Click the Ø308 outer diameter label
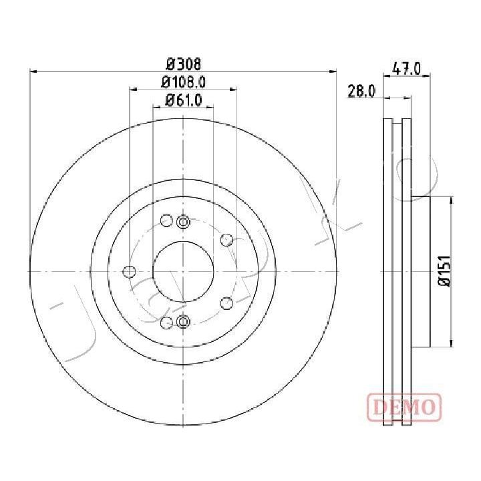(x=184, y=64)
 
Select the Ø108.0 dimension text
(x=183, y=82)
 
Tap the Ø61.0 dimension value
(x=184, y=100)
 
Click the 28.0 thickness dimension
(x=361, y=91)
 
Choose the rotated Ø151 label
(x=444, y=271)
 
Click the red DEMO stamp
(x=404, y=407)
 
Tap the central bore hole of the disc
(x=183, y=271)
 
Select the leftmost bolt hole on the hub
(x=129, y=271)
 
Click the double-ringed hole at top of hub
(x=183, y=222)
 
